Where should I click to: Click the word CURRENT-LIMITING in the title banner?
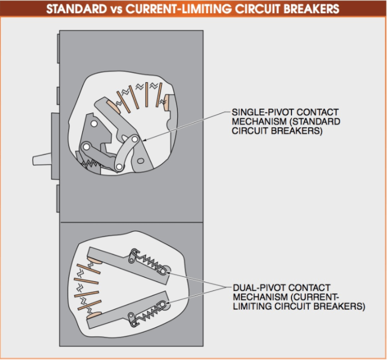(x=177, y=9)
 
